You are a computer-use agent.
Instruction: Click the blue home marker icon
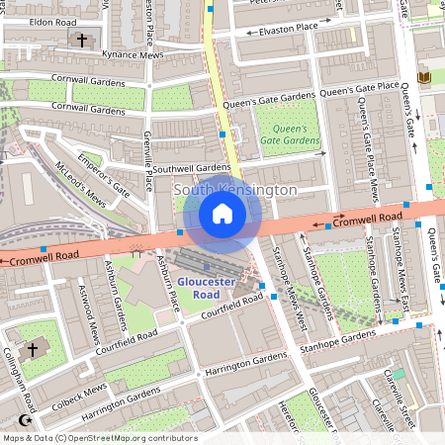(x=222, y=214)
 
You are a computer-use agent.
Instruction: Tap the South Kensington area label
(x=234, y=189)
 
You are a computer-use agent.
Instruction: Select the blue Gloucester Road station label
(x=207, y=288)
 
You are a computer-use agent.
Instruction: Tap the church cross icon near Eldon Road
(x=83, y=40)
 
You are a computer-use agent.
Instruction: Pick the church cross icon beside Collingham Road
(x=32, y=349)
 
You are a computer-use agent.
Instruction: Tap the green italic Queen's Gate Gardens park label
(x=290, y=135)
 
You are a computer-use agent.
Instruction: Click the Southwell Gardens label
(x=191, y=168)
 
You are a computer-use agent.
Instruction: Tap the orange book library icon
(x=425, y=77)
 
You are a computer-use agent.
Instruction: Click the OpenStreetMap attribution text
(x=99, y=438)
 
